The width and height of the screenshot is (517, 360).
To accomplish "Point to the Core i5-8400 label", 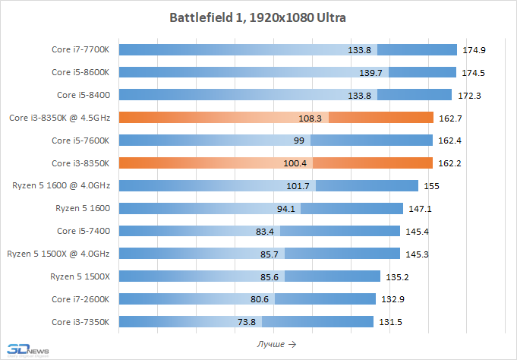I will pyautogui.click(x=84, y=95).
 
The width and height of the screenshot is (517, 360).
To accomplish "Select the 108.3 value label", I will pyautogui.click(x=311, y=118).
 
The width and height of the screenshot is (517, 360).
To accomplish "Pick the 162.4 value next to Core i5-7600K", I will pyautogui.click(x=450, y=141).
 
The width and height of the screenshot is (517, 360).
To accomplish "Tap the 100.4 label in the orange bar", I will pyautogui.click(x=294, y=163).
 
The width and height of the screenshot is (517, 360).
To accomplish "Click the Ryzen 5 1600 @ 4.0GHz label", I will pyautogui.click(x=61, y=185).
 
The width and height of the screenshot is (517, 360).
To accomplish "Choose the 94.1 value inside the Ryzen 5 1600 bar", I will pyautogui.click(x=288, y=208).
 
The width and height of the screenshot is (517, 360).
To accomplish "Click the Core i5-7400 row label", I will pyautogui.click(x=84, y=231).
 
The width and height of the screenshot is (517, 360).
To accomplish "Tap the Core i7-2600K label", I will pyautogui.click(x=80, y=298).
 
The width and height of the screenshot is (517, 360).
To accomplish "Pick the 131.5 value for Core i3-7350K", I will pyautogui.click(x=391, y=321).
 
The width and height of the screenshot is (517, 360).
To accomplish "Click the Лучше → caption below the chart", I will pyautogui.click(x=276, y=344).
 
